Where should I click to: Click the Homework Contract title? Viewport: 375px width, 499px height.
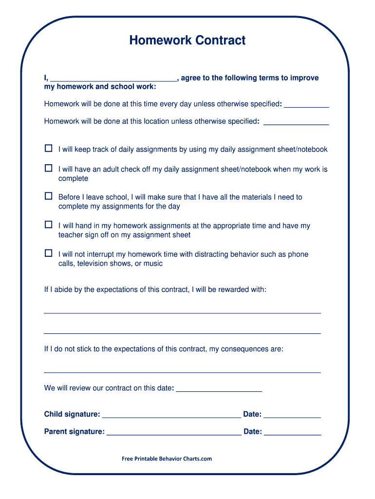[187, 40]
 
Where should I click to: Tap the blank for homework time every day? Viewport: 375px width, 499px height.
[306, 104]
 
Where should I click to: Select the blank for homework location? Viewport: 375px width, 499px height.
[296, 122]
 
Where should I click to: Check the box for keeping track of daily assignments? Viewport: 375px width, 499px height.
[48, 148]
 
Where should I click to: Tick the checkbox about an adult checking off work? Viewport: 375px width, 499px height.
[48, 168]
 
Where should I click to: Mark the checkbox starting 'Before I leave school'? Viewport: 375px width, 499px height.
[48, 196]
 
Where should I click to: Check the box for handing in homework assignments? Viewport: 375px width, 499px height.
[48, 225]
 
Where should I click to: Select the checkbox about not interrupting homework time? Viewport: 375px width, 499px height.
[48, 253]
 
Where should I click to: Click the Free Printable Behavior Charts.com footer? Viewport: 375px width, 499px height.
[167, 459]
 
